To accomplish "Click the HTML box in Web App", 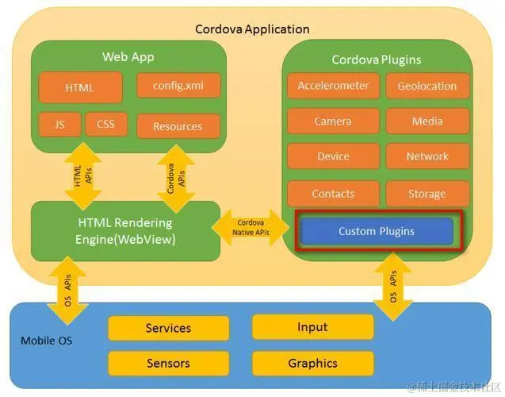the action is (81, 87).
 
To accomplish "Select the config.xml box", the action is (178, 86).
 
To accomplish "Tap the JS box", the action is (59, 125).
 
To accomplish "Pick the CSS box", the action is (106, 124).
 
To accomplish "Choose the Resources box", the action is (178, 126).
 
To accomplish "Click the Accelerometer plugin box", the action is (333, 86).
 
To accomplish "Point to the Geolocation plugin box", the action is (427, 86).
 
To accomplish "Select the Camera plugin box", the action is (333, 121).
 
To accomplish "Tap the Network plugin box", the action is (427, 156).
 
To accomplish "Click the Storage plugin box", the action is (427, 194).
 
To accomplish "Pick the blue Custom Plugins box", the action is (377, 231).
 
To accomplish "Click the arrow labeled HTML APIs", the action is (83, 175).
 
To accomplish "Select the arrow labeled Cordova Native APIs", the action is (251, 227).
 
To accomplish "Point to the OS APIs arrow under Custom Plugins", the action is (393, 287).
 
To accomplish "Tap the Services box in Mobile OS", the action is (168, 328).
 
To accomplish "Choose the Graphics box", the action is (312, 364).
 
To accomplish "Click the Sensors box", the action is (168, 364).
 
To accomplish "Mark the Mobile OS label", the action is (46, 341).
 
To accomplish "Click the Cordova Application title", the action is (252, 29).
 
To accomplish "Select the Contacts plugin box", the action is (333, 194).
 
